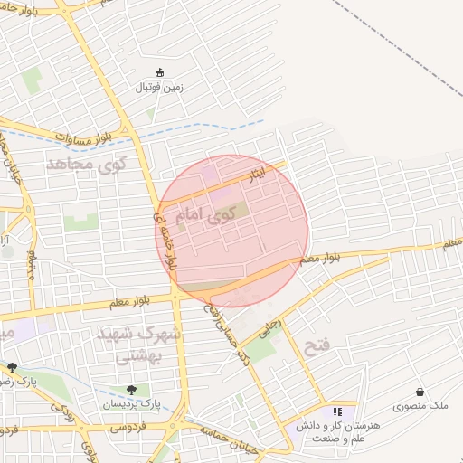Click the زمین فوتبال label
point(160,88)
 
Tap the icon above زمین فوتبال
point(161,72)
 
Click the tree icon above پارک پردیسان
point(133,390)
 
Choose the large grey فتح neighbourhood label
point(321,347)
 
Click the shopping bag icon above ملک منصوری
point(420,392)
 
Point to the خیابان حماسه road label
point(225,440)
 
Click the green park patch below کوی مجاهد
point(80,221)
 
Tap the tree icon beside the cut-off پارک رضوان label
point(12,367)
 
